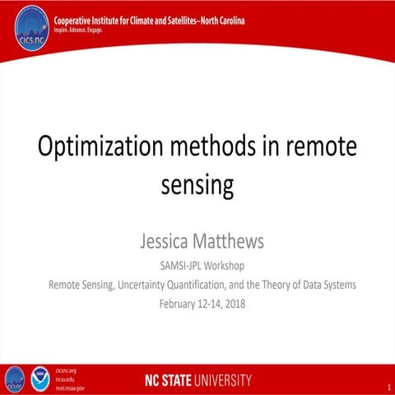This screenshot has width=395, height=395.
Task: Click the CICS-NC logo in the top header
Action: point(32,27)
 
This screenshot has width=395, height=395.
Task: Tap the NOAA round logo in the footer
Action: point(39,379)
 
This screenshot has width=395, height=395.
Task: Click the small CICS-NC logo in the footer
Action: point(15,379)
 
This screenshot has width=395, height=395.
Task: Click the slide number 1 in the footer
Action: point(386,386)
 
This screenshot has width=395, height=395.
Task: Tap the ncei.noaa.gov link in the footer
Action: point(69,387)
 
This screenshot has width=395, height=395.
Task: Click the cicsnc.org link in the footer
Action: point(65,371)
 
